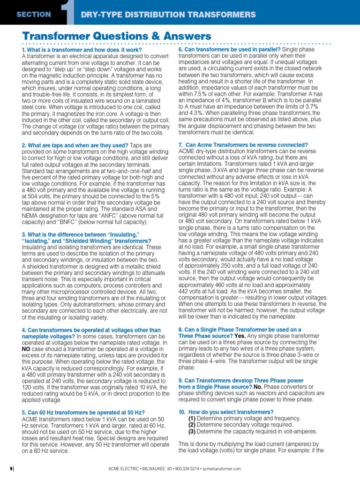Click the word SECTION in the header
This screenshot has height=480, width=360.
point(33,14)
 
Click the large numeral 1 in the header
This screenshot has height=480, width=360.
point(70,13)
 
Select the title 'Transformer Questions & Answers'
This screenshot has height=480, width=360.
point(117,36)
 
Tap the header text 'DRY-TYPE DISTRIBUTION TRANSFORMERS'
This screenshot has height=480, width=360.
point(168,15)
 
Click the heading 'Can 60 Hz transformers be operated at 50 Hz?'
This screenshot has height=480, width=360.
point(83,412)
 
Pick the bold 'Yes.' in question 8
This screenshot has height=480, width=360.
point(240,336)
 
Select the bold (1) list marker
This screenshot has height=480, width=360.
point(192,418)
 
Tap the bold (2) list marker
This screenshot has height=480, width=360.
point(192,425)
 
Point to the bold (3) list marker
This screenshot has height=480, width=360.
point(192,431)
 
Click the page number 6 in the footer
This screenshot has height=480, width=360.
point(11,469)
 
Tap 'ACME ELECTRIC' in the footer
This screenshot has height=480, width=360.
point(121,469)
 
